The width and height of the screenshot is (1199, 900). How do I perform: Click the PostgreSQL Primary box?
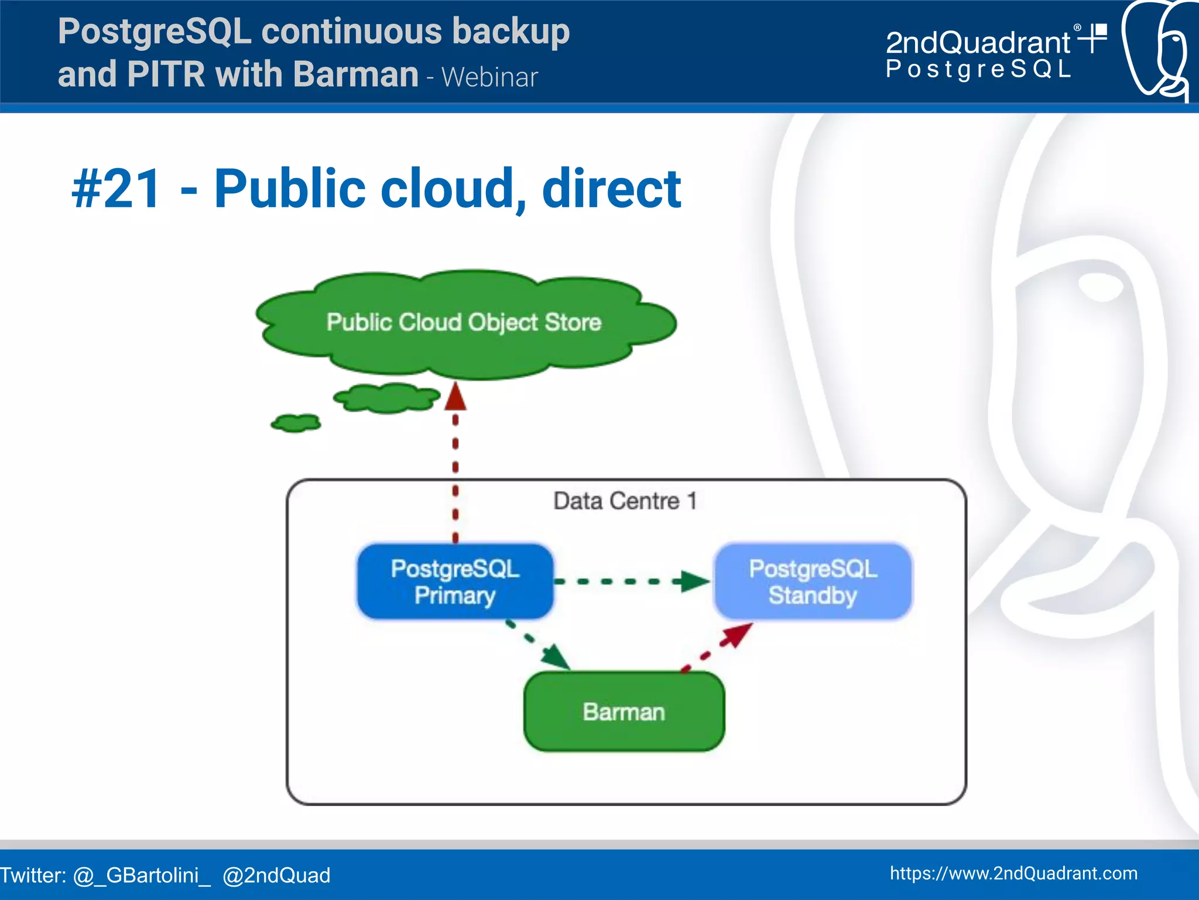click(455, 581)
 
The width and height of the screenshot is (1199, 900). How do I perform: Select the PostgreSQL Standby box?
click(813, 581)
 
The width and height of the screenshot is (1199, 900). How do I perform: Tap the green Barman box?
click(624, 711)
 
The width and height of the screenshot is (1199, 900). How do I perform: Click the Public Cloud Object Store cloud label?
click(464, 323)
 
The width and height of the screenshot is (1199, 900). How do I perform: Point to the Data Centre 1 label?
click(625, 501)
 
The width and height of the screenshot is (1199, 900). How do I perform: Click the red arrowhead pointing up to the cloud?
click(455, 396)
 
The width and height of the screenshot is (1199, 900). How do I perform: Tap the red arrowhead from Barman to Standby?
click(737, 634)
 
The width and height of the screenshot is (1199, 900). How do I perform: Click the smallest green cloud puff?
click(296, 423)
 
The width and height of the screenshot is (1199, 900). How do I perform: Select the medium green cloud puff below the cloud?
click(386, 398)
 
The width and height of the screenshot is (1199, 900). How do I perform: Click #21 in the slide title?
click(116, 189)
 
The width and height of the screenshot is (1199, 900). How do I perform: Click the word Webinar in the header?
click(489, 78)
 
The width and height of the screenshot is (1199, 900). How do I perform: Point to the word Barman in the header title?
click(355, 75)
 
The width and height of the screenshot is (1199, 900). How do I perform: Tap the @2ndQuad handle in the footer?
click(276, 875)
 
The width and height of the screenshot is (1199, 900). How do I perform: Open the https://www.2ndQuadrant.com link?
click(1013, 873)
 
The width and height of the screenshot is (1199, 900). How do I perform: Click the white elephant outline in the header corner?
click(1156, 50)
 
